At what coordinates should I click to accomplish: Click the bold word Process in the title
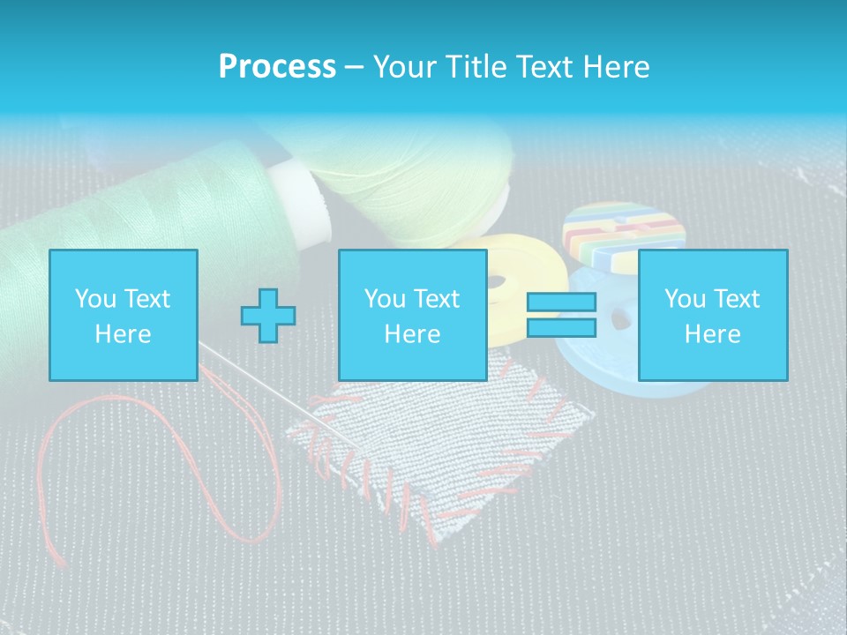pyautogui.click(x=277, y=67)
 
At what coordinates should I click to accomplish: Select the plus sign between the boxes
pyautogui.click(x=268, y=316)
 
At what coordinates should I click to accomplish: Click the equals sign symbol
pyautogui.click(x=561, y=315)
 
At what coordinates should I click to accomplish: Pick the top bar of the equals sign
pyautogui.click(x=561, y=303)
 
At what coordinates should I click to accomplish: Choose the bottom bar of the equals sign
pyautogui.click(x=561, y=328)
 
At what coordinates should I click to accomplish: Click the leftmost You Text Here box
pyautogui.click(x=123, y=315)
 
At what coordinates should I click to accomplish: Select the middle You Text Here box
pyautogui.click(x=412, y=315)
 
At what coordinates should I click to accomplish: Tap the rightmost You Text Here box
pyautogui.click(x=712, y=315)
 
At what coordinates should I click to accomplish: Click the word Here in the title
pyautogui.click(x=617, y=67)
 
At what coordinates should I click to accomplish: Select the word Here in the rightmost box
pyautogui.click(x=712, y=334)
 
